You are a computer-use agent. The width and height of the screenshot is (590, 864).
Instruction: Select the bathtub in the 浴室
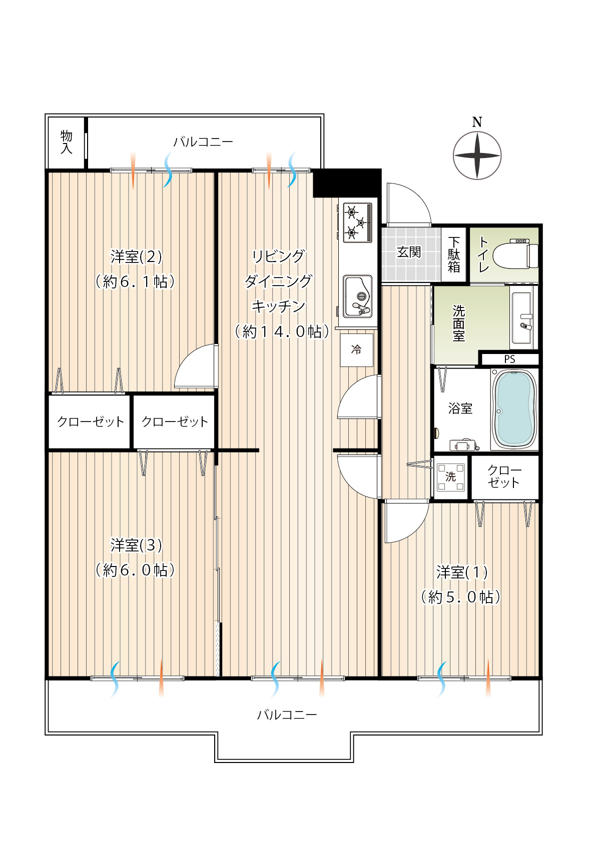pos(514,409)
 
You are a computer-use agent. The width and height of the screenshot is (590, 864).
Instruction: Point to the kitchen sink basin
pos(358,296)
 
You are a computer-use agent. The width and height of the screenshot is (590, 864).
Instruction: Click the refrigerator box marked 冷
pos(356,350)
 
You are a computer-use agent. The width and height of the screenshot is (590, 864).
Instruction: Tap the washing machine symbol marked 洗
pos(450,477)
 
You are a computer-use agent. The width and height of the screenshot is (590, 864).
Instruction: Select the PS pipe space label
pos(509,359)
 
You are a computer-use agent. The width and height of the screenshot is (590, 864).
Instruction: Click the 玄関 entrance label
pos(409,252)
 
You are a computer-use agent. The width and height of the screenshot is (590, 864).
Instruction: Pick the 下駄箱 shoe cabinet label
pos(454,254)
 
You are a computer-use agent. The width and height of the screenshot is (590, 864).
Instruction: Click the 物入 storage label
pos(67,142)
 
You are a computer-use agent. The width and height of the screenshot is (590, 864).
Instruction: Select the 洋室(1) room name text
pos(462,572)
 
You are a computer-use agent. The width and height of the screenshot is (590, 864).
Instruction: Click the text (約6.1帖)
pos(136,281)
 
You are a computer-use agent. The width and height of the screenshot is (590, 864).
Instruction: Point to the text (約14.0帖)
pos(282,331)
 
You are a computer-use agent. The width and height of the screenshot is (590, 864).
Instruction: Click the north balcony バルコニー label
pos(203,142)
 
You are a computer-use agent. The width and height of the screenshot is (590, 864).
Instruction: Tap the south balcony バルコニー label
pos(287,714)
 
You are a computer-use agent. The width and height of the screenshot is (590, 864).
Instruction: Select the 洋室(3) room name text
pos(136,545)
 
